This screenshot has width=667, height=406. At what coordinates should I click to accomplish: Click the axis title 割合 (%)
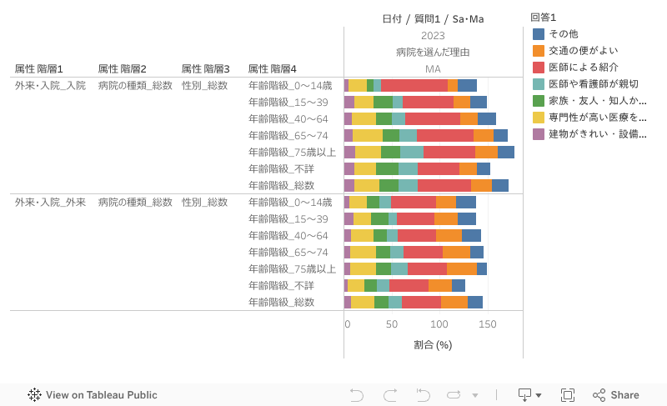tap(433, 345)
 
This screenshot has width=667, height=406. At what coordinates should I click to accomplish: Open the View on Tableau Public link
tap(93, 395)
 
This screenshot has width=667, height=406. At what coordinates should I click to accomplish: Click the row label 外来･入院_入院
tap(50, 85)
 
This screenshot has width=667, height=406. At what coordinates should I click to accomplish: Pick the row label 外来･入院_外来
tap(50, 202)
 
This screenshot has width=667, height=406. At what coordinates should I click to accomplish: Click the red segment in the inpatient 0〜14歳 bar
tap(414, 85)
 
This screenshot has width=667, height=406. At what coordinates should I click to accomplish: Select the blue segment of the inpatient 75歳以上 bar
tap(506, 152)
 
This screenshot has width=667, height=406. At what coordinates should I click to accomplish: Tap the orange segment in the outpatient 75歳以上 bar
tap(462, 268)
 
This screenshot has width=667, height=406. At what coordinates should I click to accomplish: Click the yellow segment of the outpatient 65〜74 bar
tap(363, 252)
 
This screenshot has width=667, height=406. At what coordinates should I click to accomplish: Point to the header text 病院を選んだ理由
tap(433, 53)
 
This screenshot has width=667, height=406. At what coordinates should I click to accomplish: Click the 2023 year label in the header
tap(433, 36)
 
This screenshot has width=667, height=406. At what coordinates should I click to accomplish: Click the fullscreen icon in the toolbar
tap(568, 395)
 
